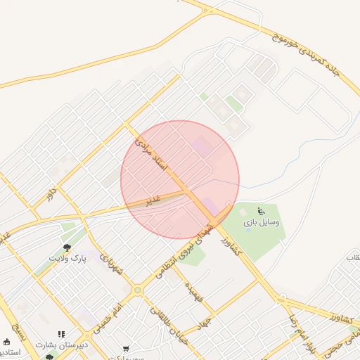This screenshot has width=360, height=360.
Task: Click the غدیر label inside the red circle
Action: (153, 200)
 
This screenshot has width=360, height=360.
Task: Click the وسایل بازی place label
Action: (262, 222)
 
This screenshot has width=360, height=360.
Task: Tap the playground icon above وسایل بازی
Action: (261, 210)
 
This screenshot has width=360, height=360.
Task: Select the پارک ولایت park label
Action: (67, 259)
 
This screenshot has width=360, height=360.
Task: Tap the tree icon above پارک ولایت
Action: (67, 247)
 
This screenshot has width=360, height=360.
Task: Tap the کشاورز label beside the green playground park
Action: (236, 245)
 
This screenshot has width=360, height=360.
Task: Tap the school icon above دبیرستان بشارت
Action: (61, 335)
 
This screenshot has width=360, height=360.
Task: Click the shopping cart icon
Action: (126, 347)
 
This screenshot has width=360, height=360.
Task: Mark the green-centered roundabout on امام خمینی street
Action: (137, 290)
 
